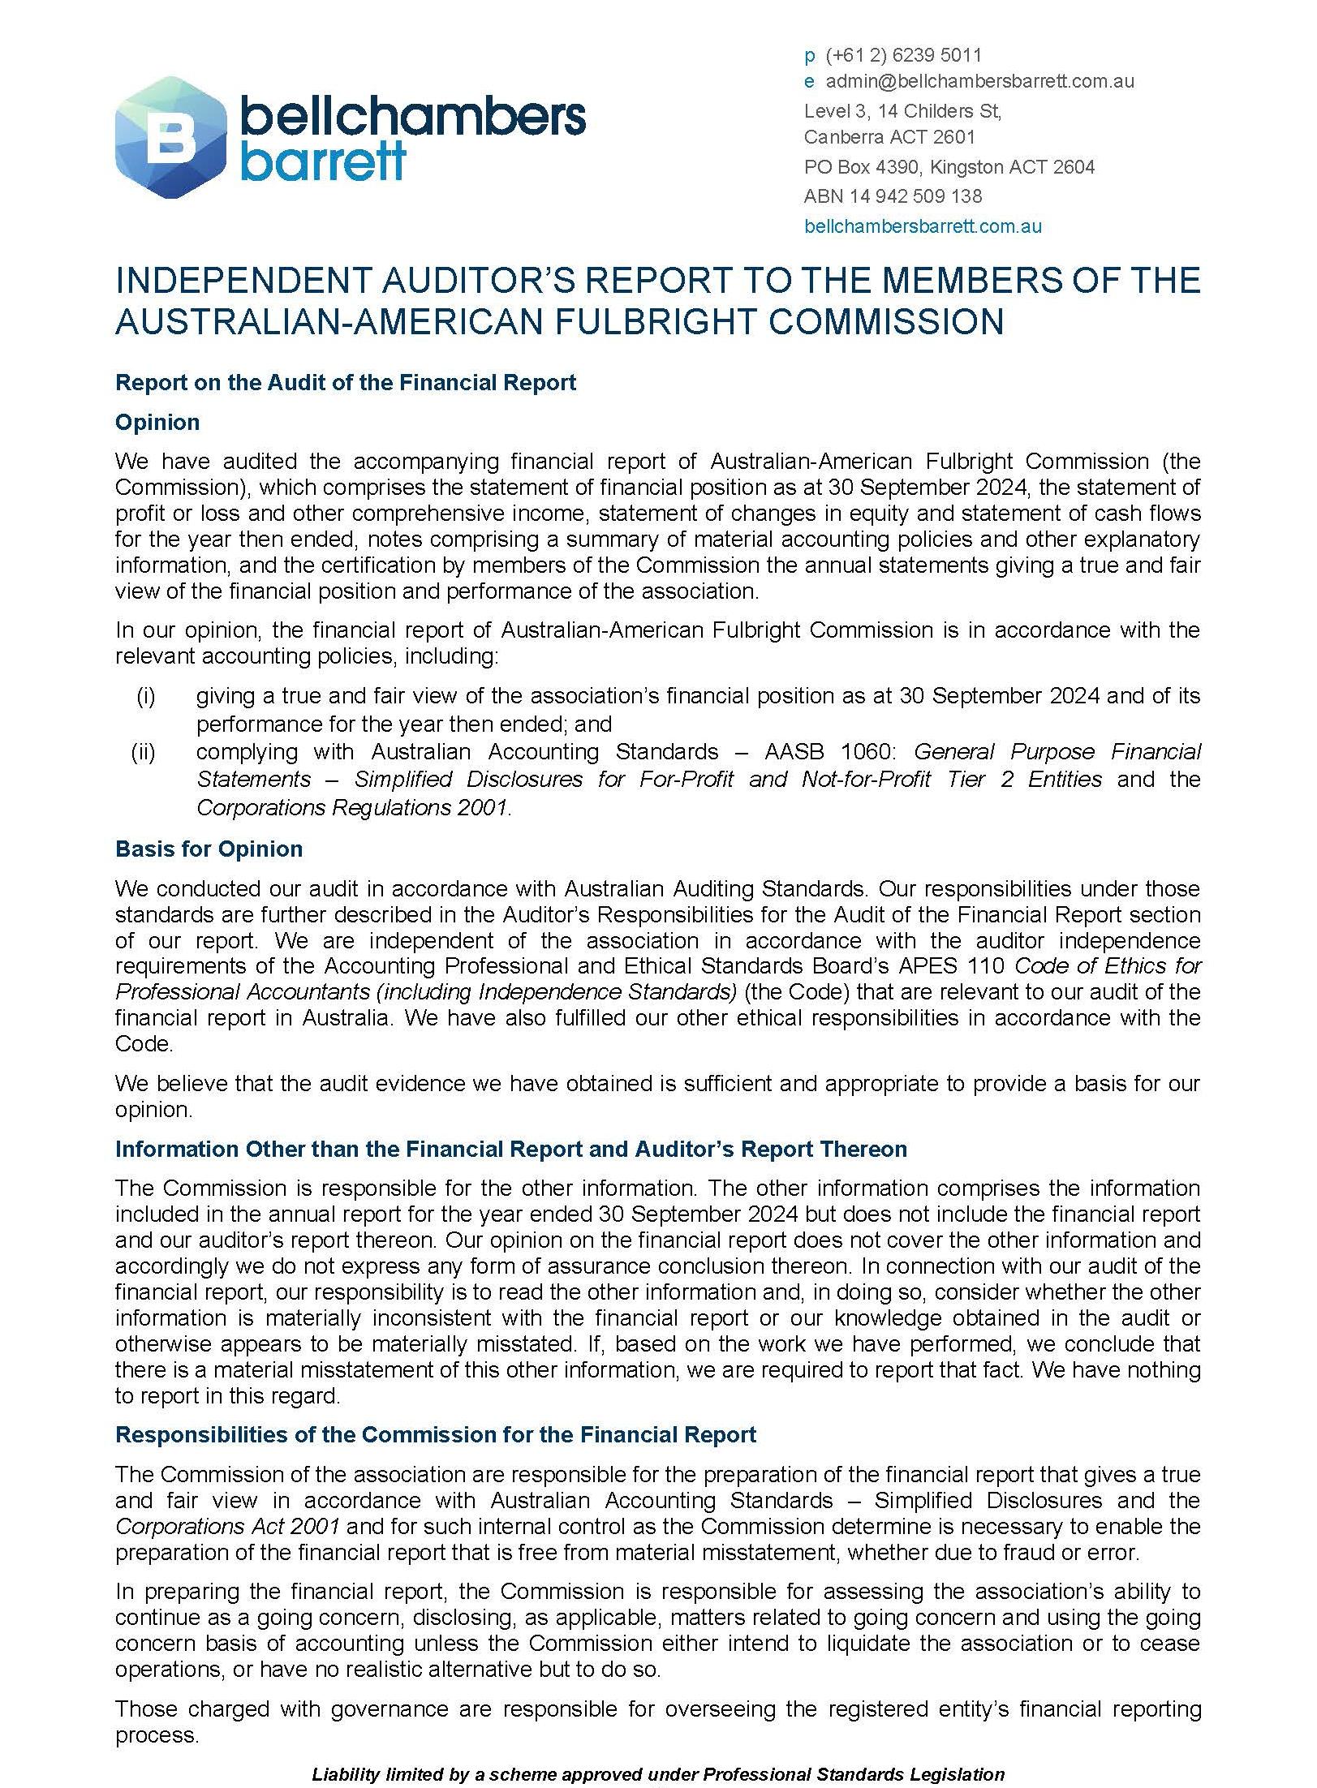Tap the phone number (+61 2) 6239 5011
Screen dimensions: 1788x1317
[903, 55]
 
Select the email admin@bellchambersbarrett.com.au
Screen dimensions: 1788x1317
[979, 81]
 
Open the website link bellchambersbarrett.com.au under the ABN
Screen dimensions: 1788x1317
[923, 226]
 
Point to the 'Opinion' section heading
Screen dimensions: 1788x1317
[157, 423]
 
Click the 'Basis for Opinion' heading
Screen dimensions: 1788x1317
[209, 849]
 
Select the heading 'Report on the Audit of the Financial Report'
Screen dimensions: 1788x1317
[346, 383]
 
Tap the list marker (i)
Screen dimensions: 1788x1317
[145, 696]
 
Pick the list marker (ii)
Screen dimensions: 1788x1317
[144, 752]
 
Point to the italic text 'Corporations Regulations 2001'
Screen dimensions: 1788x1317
[352, 808]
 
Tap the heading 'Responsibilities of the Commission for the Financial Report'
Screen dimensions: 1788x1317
[436, 1434]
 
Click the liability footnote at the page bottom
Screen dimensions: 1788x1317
[658, 1773]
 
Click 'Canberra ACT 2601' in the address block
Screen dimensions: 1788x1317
[889, 137]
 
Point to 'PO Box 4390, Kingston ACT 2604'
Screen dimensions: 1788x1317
[949, 167]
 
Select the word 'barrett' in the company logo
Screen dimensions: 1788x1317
[323, 162]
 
